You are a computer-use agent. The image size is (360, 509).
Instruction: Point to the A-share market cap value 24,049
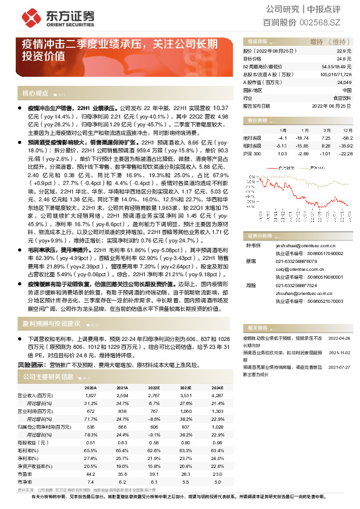[344, 82]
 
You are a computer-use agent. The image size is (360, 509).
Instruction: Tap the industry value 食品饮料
[342, 97]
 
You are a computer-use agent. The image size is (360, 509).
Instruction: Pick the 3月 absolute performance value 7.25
[326, 138]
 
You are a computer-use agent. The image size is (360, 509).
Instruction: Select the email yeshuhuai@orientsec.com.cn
[295, 246]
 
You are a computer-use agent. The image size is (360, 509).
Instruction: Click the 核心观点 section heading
[35, 94]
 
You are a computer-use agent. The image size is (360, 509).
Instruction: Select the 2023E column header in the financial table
[186, 389]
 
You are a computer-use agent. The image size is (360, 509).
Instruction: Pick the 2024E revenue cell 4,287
[218, 395]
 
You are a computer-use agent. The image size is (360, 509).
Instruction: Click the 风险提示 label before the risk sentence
[31, 365]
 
